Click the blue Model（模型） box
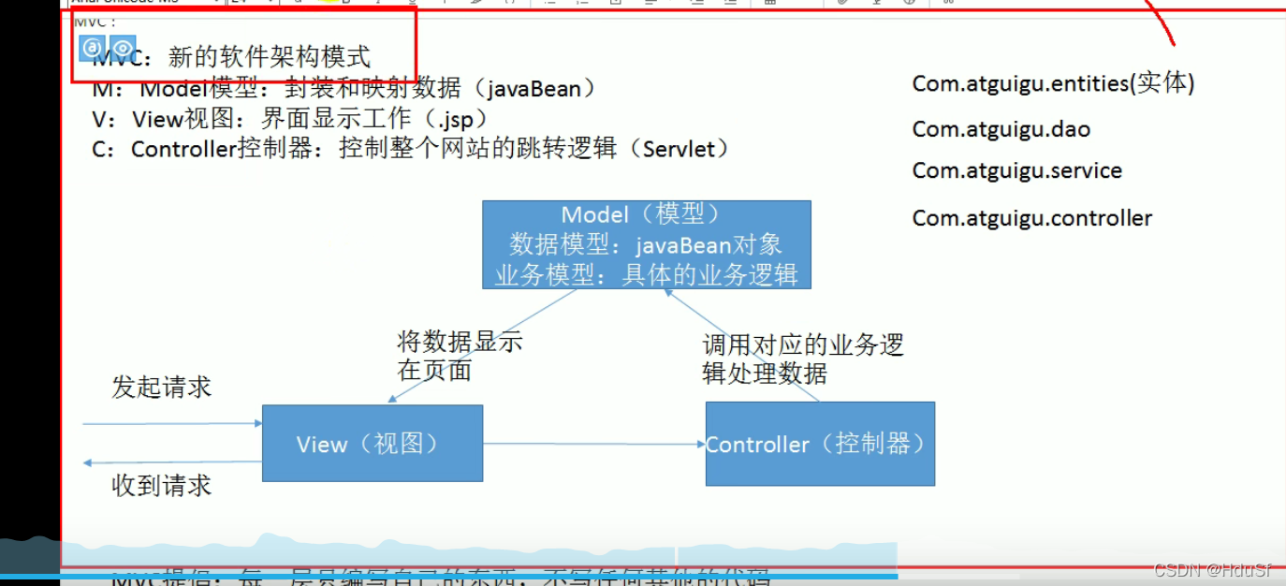646,244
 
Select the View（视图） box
372,443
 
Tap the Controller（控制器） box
819,444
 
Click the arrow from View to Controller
593,444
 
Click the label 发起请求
161,387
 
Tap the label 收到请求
161,485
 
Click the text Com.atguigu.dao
1001,129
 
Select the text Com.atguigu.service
1016,170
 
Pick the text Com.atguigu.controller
1031,218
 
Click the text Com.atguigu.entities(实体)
1053,83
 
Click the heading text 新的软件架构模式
270,57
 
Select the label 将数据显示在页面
459,356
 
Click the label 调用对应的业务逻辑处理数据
802,359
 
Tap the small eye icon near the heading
123,47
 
